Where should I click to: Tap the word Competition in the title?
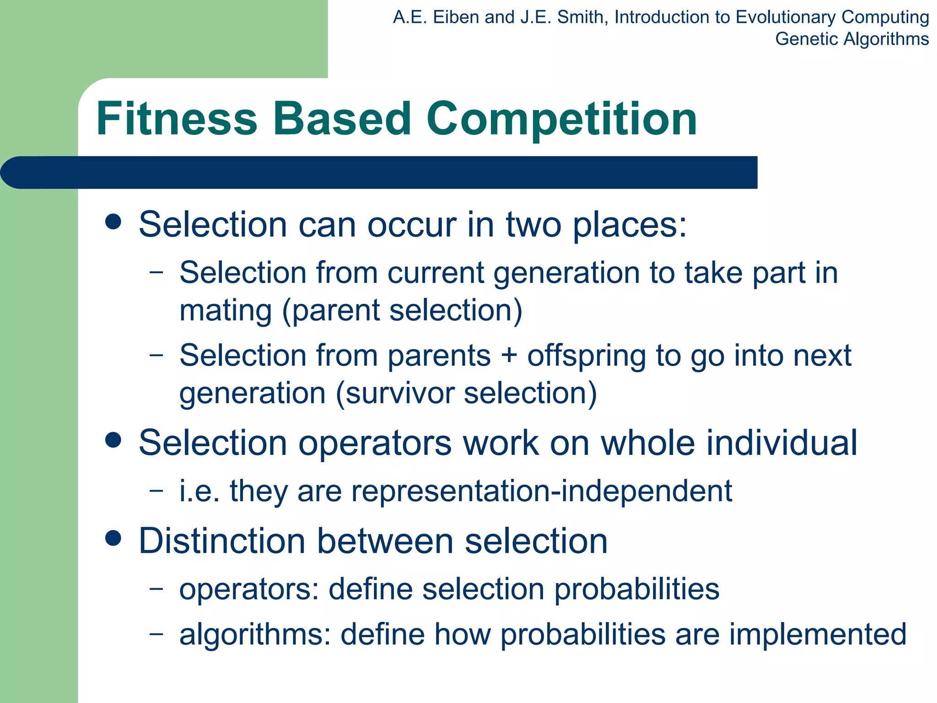tap(561, 120)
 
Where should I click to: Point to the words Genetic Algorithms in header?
tap(851, 39)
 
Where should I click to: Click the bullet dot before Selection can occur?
tap(113, 222)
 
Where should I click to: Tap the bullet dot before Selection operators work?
tap(113, 440)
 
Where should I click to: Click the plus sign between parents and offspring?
tap(509, 356)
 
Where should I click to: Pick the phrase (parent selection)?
tap(402, 311)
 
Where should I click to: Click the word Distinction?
tap(222, 541)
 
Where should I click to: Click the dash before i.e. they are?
tap(156, 490)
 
